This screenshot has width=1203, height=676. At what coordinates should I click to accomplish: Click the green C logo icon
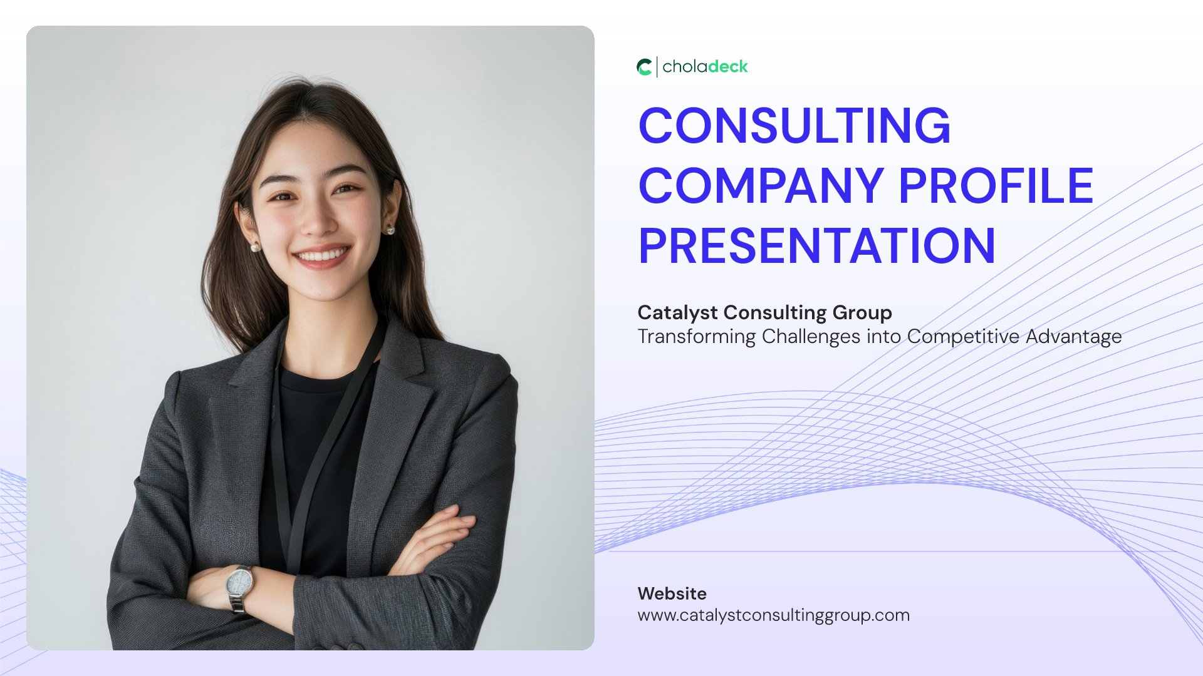pyautogui.click(x=644, y=67)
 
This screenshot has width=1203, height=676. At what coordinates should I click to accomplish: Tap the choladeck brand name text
pyautogui.click(x=705, y=66)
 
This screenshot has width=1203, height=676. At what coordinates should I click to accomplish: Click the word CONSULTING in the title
pyautogui.click(x=794, y=126)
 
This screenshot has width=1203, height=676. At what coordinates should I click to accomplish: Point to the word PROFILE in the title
pyautogui.click(x=996, y=186)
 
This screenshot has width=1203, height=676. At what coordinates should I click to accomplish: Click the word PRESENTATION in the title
pyautogui.click(x=817, y=245)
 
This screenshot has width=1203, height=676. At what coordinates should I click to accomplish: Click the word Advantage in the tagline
pyautogui.click(x=1074, y=337)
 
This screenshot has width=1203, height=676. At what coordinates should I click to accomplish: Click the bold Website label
pyautogui.click(x=672, y=593)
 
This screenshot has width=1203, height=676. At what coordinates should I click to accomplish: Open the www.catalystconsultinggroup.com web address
pyautogui.click(x=774, y=615)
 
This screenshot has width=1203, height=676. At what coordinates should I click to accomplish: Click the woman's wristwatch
pyautogui.click(x=239, y=586)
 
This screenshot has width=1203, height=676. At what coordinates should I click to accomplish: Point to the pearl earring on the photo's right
pyautogui.click(x=390, y=230)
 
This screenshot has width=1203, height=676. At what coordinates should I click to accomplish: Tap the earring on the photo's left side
pyautogui.click(x=255, y=247)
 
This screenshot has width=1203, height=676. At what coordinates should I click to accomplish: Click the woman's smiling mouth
pyautogui.click(x=322, y=257)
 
